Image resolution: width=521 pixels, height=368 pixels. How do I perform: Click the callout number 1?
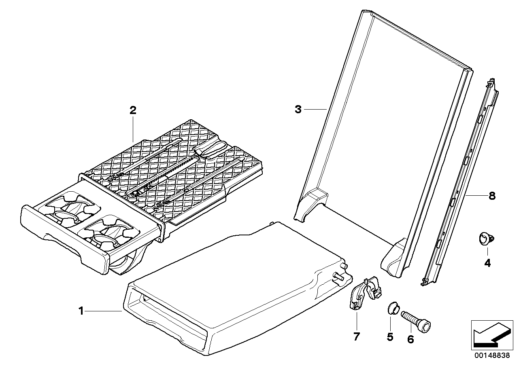click(x=81, y=311)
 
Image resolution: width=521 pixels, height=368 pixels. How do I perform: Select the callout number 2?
click(x=133, y=110)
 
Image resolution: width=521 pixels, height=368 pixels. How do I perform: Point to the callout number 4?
click(x=487, y=263)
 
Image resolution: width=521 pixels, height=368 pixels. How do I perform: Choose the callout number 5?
click(x=390, y=337)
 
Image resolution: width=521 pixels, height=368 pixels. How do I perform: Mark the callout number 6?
click(x=410, y=340)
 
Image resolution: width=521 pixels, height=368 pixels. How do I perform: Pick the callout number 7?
click(x=357, y=337)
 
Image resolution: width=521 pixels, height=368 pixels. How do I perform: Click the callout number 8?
click(x=492, y=196)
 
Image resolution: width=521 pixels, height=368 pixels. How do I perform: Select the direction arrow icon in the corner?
click(x=490, y=334)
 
